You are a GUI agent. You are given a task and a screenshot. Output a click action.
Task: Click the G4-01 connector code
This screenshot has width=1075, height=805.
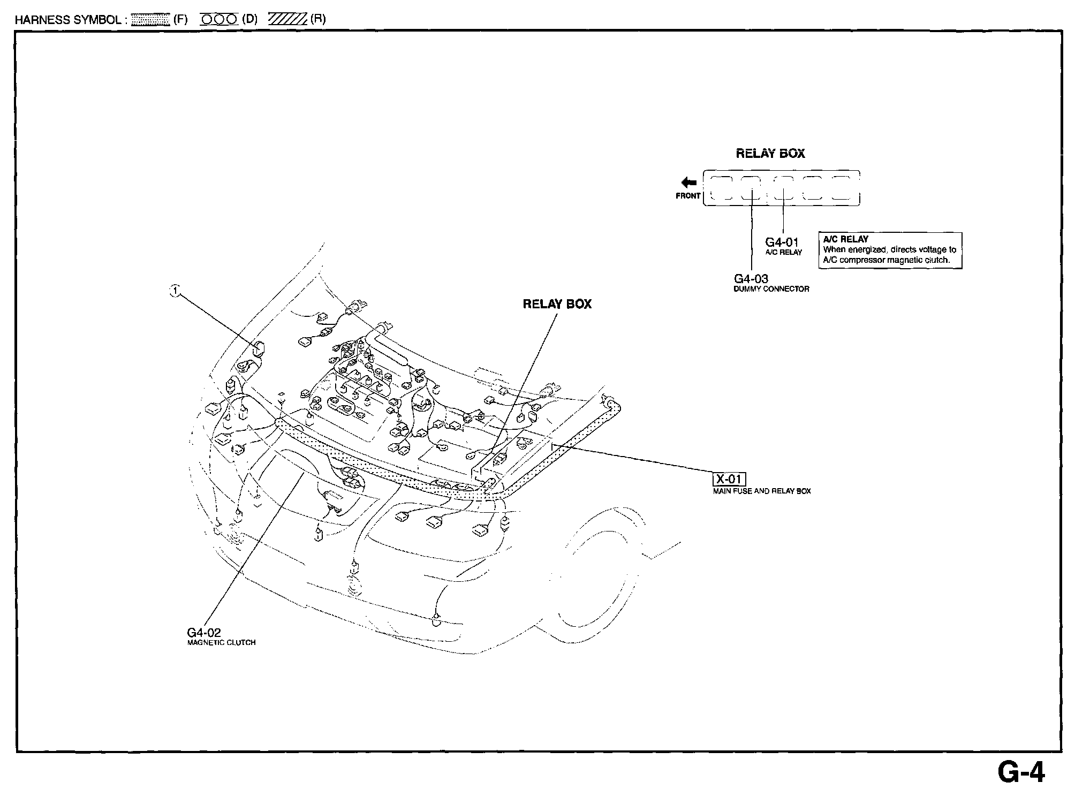(782, 242)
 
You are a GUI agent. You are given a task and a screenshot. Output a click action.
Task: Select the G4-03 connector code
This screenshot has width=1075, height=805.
(751, 279)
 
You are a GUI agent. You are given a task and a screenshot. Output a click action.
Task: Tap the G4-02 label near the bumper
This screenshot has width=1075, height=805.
(204, 633)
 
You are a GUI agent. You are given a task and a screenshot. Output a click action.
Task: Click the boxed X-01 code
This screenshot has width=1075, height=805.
(729, 479)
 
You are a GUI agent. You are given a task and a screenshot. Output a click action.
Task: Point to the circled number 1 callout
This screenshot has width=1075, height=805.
(175, 291)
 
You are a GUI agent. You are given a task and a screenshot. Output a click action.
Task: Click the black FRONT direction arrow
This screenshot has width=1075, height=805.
(688, 183)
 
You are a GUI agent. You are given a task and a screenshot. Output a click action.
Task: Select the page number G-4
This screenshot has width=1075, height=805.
(1021, 772)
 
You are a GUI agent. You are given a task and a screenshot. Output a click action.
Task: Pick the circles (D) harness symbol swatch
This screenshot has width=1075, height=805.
(218, 20)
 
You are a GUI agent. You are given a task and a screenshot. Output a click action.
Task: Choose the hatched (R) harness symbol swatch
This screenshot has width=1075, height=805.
(287, 20)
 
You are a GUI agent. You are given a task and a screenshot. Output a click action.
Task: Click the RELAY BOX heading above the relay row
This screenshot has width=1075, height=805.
(770, 154)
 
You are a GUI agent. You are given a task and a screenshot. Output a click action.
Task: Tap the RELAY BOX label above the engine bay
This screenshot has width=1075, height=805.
(557, 304)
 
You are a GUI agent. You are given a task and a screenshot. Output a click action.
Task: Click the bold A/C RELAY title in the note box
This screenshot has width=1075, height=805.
(846, 239)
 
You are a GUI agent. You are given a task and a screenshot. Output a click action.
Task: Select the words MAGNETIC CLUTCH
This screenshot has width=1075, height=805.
(221, 643)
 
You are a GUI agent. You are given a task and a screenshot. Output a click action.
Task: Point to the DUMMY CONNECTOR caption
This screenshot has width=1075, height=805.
(771, 289)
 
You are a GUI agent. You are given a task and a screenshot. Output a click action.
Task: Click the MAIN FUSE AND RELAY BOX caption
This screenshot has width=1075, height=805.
(761, 491)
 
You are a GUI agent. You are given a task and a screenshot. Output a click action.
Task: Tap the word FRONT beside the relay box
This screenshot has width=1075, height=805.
(688, 196)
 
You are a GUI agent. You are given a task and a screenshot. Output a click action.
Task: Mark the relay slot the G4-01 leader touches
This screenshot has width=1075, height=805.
(783, 188)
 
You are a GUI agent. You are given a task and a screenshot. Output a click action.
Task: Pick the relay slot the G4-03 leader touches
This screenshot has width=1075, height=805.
(751, 188)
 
